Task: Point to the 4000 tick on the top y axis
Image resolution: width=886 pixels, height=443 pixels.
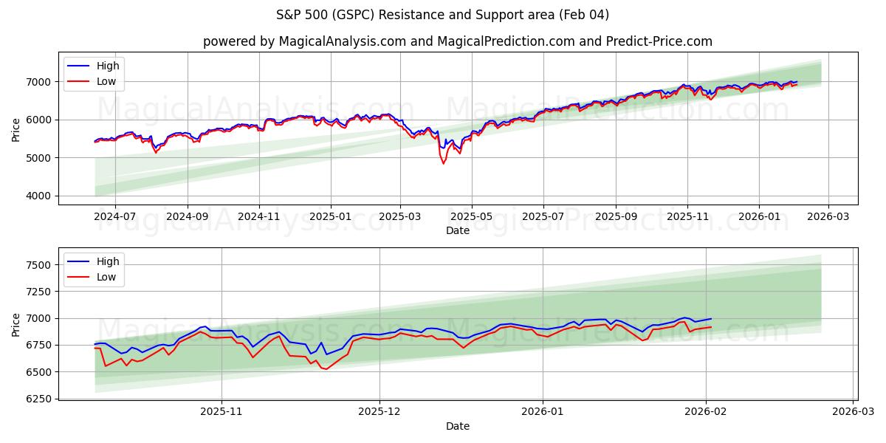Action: [x=41, y=196]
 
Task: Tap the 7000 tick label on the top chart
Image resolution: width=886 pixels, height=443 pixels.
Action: [x=41, y=81]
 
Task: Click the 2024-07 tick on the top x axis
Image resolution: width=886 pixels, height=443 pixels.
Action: [x=115, y=217]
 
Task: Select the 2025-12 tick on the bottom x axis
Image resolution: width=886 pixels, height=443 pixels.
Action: [x=380, y=412]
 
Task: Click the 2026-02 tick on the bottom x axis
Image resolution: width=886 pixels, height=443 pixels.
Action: [x=707, y=412]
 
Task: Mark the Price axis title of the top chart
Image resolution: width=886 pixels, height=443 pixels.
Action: [x=16, y=128]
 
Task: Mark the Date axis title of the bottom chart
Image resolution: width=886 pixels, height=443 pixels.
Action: [x=457, y=426]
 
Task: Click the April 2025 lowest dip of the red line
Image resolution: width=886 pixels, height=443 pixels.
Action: [x=444, y=163]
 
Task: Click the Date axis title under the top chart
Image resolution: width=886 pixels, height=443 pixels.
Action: [x=457, y=230]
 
